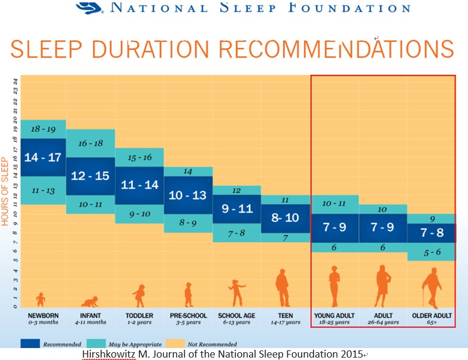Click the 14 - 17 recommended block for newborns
(x=43, y=157)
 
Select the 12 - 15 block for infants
(x=90, y=176)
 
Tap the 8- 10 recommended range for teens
(x=285, y=218)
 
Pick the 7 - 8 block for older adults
(x=431, y=233)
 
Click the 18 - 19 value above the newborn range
(x=43, y=129)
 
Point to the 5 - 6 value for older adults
(x=432, y=252)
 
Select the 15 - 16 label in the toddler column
(x=139, y=158)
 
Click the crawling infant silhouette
(x=90, y=302)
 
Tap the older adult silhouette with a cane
(x=431, y=288)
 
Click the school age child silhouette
(x=237, y=293)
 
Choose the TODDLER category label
(x=139, y=316)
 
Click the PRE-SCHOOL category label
(x=189, y=316)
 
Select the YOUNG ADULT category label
(x=335, y=316)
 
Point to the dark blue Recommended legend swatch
(x=30, y=343)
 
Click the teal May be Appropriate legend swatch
(x=96, y=343)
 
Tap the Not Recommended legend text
(x=212, y=344)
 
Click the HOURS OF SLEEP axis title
(x=4, y=192)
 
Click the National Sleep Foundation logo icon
(x=90, y=8)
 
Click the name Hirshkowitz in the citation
(x=109, y=354)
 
